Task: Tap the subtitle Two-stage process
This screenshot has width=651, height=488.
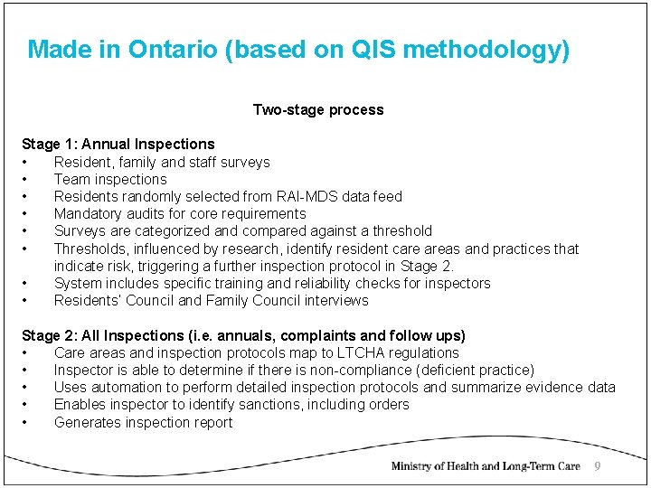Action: (318, 110)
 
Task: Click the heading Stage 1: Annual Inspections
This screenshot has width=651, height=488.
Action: (118, 144)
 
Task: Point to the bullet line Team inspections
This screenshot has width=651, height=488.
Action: (110, 179)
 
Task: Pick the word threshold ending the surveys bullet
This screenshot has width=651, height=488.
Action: (399, 230)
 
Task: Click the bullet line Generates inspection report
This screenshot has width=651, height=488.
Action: (143, 422)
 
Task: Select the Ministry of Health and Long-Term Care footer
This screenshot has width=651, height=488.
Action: (485, 466)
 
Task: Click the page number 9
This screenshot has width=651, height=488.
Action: (597, 466)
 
